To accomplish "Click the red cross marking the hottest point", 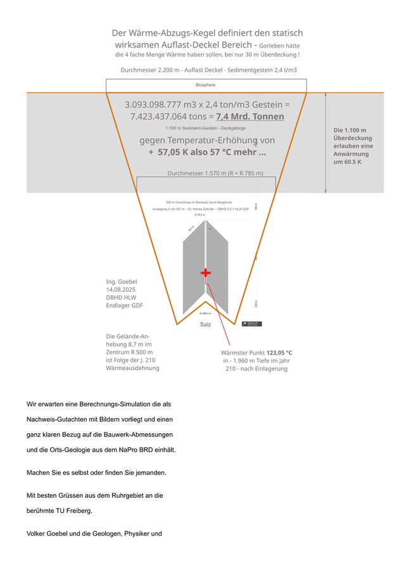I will tap(205, 272).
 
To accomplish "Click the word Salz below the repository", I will tap(205, 324).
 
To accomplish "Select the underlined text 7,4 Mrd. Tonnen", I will tap(249, 117).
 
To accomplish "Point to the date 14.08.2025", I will tap(121, 289).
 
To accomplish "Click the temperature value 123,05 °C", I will tap(279, 353).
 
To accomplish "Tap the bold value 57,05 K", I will tap(179, 152).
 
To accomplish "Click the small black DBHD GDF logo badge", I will tap(252, 324).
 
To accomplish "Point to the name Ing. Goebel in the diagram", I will tap(122, 281).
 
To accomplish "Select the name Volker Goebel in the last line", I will tap(51, 533).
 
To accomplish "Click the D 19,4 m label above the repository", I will tap(200, 215).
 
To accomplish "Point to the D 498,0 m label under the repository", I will tap(204, 313).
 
